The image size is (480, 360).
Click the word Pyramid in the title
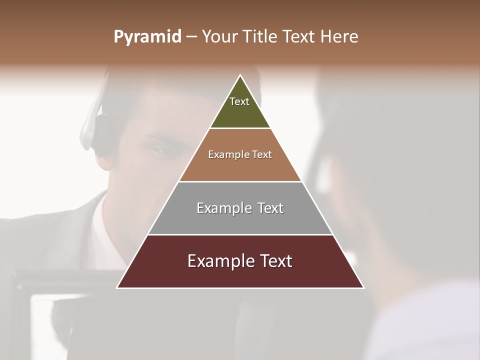pos(147,37)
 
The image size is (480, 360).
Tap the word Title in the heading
pos(262,37)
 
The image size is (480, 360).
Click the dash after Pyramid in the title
pos(191,37)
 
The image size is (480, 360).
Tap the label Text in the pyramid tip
pos(239,101)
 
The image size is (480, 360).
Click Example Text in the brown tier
pos(240,154)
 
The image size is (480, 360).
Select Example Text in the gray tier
pos(240,208)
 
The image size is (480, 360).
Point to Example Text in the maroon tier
pos(240,261)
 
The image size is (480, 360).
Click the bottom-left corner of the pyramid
pos(117,287)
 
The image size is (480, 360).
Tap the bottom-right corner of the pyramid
pos(363,287)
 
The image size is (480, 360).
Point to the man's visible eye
pos(162,150)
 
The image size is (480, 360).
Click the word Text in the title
pos(299,37)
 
